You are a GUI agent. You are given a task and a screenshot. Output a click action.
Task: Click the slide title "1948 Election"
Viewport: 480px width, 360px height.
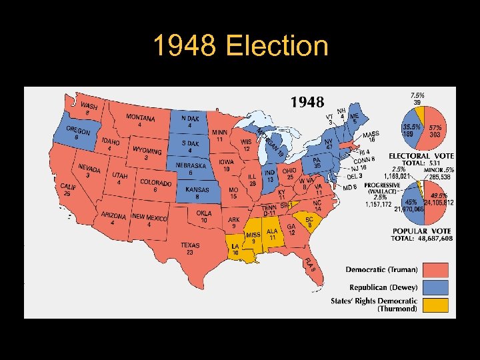pyautogui.click(x=240, y=47)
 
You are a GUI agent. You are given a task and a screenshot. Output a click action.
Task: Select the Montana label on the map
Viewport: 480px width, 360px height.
pyautogui.click(x=140, y=118)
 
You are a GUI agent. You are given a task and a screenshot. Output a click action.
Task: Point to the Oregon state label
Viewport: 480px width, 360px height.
pyautogui.click(x=79, y=132)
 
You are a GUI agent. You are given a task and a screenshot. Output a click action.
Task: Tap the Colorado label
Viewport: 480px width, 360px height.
pyautogui.click(x=155, y=183)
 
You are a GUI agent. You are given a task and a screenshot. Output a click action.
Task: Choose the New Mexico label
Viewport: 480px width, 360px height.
pyautogui.click(x=149, y=217)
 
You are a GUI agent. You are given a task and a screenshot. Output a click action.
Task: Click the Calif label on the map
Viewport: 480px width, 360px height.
pyautogui.click(x=68, y=187)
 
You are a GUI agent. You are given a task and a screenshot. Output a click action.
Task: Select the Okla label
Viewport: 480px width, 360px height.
pyautogui.click(x=204, y=214)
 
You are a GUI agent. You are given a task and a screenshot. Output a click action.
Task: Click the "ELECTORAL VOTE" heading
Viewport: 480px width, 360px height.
pyautogui.click(x=421, y=156)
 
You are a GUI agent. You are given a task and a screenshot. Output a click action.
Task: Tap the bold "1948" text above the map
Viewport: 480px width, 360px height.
pyautogui.click(x=307, y=102)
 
